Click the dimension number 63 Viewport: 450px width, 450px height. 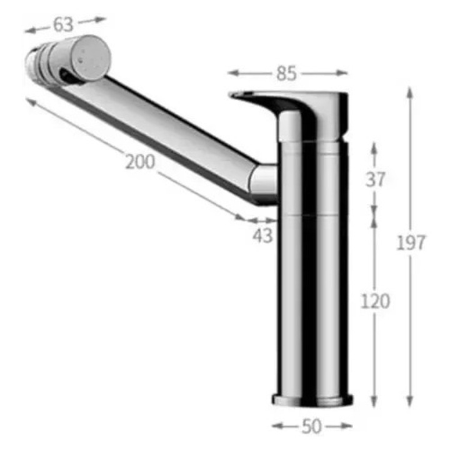63,24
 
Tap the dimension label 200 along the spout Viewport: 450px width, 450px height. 141,162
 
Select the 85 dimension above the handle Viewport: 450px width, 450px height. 286,73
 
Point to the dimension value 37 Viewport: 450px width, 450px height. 375,180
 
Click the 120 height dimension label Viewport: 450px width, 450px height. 375,301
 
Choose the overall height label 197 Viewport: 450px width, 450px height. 411,242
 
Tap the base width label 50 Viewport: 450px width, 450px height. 312,426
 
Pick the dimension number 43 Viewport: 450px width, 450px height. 262,236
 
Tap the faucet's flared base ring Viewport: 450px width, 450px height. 312,401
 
